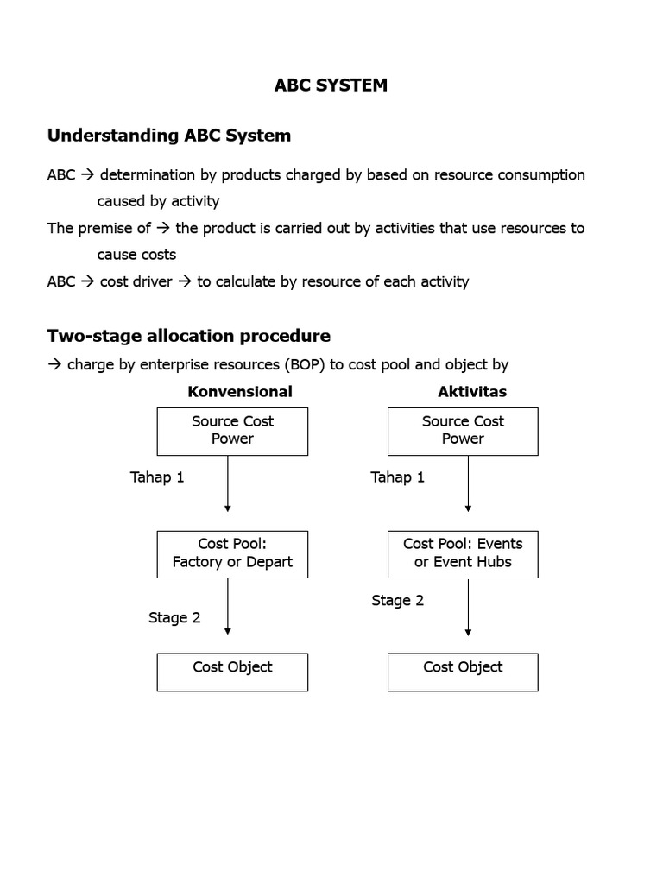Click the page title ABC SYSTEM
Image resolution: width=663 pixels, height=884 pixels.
[x=331, y=85]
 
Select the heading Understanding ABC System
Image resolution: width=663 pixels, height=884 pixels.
[x=168, y=136]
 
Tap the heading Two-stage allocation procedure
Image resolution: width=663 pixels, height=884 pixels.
[x=188, y=335]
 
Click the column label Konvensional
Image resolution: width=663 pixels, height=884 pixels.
[x=240, y=391]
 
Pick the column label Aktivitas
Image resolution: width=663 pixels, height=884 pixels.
[x=471, y=391]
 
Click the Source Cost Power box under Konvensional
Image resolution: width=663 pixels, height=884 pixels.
[x=232, y=430]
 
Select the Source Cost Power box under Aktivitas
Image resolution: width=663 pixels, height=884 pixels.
[x=463, y=430]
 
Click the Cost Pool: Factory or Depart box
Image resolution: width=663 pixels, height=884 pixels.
[x=232, y=552]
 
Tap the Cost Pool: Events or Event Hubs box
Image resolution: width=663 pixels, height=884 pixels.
[x=463, y=552]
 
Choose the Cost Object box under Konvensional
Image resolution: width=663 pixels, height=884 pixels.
[x=232, y=672]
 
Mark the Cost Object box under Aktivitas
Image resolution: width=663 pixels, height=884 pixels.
[x=463, y=672]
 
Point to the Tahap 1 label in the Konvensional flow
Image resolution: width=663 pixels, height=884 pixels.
[x=157, y=477]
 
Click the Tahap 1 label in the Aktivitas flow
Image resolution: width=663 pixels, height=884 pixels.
[x=397, y=477]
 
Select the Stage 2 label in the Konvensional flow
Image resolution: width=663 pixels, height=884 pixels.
[x=174, y=617]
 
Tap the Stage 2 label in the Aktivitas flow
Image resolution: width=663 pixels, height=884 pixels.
[x=397, y=600]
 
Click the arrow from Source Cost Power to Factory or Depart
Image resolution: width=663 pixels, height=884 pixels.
[x=228, y=483]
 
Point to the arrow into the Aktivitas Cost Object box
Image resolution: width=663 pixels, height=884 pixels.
[x=468, y=608]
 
